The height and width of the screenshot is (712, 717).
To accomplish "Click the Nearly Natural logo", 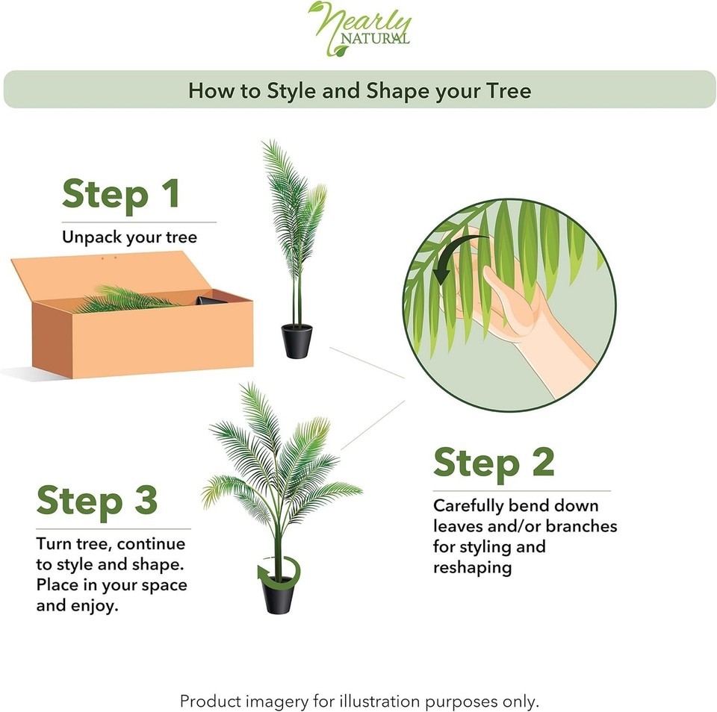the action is (360, 29).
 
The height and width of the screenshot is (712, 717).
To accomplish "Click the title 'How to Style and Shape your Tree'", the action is (359, 90).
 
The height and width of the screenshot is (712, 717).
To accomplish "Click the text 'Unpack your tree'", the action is (129, 237).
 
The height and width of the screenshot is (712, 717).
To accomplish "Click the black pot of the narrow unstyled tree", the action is (297, 341).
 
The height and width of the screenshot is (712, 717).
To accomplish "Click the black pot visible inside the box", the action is (211, 300).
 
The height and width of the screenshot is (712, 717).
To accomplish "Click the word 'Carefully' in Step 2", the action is (468, 506).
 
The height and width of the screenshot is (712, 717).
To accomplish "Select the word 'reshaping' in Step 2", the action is (472, 568).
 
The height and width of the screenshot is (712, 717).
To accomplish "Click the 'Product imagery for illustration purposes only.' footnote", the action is (359, 701).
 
